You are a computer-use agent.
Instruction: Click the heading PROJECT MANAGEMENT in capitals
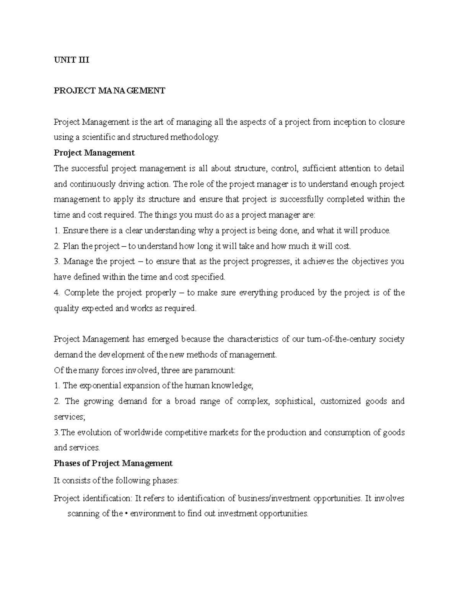109,91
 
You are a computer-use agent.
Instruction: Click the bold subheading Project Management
94,153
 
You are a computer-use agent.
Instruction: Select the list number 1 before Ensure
56,231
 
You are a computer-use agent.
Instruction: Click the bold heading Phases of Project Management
113,464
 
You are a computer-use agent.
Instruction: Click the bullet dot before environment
127,514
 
